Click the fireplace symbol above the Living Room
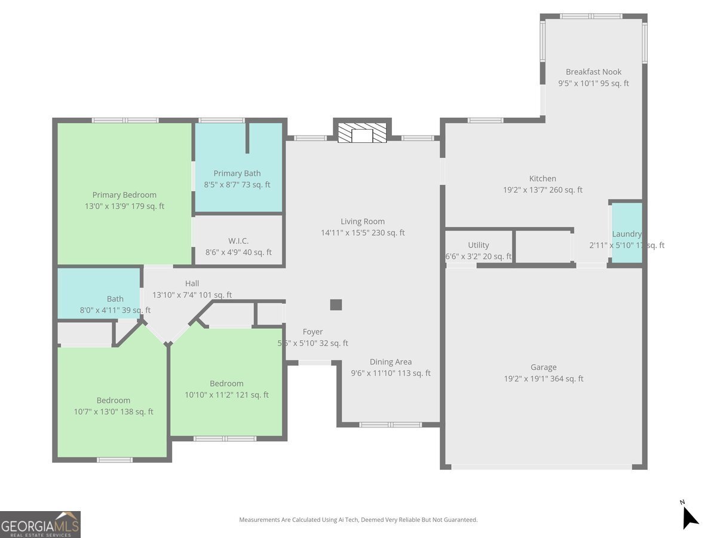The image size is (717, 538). click(362, 134)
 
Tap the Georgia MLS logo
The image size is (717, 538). click(40, 524)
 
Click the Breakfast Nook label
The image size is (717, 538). click(593, 72)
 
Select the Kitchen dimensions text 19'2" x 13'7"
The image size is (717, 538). click(543, 190)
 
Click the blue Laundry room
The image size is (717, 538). click(626, 233)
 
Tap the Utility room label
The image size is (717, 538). click(478, 245)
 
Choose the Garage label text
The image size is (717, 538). click(543, 367)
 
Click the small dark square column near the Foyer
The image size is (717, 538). click(336, 305)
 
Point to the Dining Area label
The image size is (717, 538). click(390, 362)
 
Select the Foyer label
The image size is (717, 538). click(312, 332)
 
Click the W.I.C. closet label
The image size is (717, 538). click(238, 241)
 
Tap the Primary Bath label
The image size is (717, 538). click(237, 173)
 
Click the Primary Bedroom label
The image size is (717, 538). click(124, 195)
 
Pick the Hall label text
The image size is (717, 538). click(192, 283)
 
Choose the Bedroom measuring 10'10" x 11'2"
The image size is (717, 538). click(226, 389)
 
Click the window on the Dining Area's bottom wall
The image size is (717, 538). click(390, 425)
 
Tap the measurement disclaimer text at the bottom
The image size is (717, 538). click(358, 520)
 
